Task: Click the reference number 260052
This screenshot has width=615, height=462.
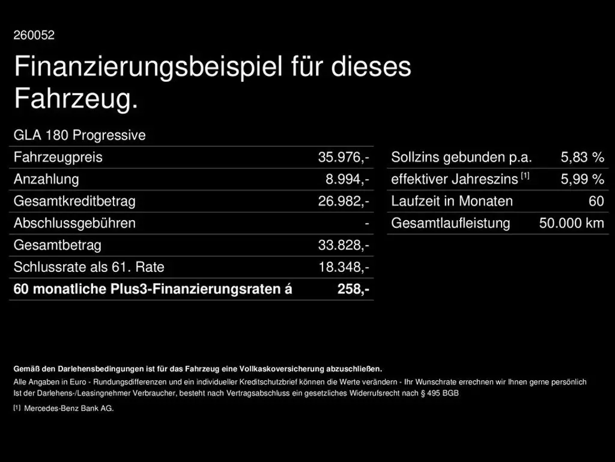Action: coord(34,35)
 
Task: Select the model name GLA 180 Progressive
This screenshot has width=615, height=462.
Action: coord(79,135)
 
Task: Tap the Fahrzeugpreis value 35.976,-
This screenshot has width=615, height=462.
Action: coord(344,158)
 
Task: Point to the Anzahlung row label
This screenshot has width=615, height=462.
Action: coord(46,179)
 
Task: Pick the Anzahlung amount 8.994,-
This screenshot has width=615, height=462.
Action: coord(347,179)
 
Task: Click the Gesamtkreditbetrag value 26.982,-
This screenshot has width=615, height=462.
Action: coord(344,202)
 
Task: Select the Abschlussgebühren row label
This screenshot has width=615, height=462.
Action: coord(74,223)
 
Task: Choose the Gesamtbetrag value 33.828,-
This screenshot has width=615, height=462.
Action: coord(344,245)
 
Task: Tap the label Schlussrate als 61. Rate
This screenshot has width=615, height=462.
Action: coord(89,267)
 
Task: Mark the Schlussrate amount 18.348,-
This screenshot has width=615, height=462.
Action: coord(344,267)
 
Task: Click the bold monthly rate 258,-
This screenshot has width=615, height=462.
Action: coord(353,289)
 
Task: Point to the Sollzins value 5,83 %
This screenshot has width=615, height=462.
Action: coord(582,158)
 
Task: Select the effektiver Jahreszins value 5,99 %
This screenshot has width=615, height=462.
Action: coord(582,179)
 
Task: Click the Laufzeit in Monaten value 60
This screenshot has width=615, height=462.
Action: coord(596,202)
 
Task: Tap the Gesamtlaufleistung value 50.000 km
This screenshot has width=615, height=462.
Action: coord(571,223)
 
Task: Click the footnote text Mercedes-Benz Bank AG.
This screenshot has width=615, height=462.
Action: coord(68,408)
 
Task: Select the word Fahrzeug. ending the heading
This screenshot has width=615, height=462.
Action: coord(76,99)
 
